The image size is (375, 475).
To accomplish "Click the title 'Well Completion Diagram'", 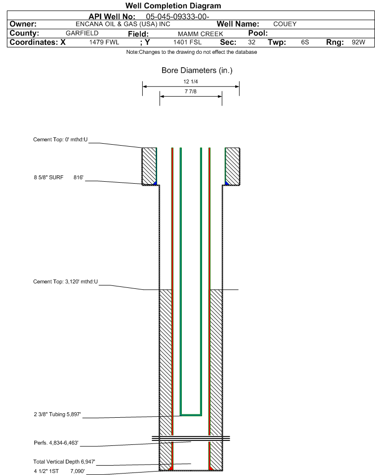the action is tap(173, 6).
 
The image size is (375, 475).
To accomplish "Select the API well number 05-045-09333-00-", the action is tap(178, 17).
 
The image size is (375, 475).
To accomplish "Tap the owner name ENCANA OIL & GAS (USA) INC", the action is tap(123, 24).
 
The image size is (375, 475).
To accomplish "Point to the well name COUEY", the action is tap(285, 24).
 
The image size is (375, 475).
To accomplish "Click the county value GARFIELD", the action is tap(82, 33).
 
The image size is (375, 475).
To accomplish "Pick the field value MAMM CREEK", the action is tap(201, 34).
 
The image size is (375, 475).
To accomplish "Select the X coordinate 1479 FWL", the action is tap(104, 42).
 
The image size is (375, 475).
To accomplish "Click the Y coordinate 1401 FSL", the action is tap(187, 42).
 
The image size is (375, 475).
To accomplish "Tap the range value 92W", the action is tap(358, 42).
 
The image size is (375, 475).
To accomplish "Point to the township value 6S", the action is tap(305, 42).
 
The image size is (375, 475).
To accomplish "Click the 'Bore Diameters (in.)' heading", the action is tap(197, 71).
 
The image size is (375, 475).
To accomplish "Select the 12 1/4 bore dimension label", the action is tap(191, 81).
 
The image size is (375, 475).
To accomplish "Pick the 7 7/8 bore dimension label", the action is tap(191, 91).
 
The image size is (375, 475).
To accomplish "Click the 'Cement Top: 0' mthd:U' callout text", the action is tap(60, 140).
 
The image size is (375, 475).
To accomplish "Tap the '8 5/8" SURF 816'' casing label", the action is tap(58, 178).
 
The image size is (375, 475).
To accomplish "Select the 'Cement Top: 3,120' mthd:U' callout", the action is tap(66, 282).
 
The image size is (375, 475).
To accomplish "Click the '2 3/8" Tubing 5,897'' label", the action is tap(57, 414).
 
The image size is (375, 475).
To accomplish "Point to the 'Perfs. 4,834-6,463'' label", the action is tap(56, 443).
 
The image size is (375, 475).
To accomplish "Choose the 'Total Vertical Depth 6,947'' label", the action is tap(64, 462).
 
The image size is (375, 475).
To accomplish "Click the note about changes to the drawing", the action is tap(192, 52).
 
